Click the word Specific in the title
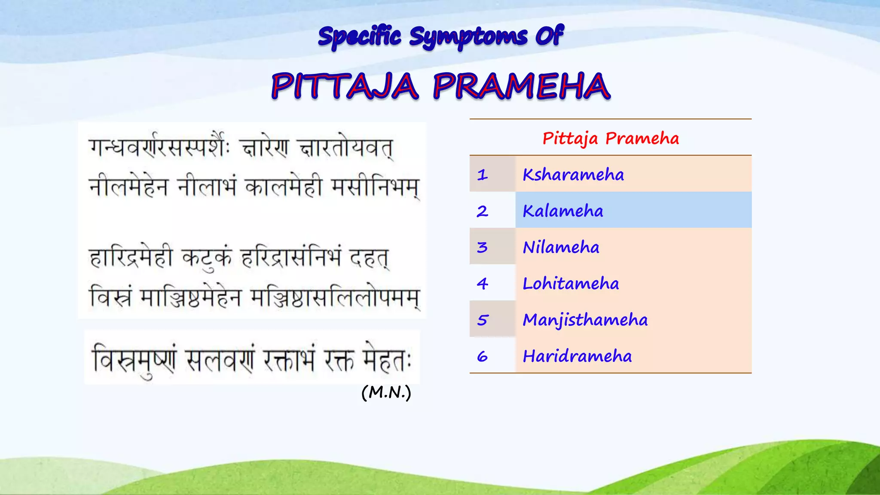359,37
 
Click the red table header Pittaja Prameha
610,138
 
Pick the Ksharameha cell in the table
573,174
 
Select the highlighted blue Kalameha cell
563,211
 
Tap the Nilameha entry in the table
561,247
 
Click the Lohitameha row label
571,284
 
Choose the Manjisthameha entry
585,320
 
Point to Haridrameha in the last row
577,356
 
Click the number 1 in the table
483,175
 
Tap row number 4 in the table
483,284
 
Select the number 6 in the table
483,356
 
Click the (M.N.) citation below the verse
386,392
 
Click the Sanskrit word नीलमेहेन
128,187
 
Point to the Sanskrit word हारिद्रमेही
131,258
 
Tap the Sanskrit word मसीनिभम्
375,187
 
